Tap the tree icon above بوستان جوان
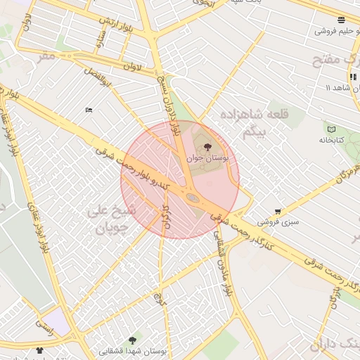pyautogui.click(x=207, y=147)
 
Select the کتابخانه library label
pyautogui.click(x=333, y=140)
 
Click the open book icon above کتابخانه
pyautogui.click(x=333, y=129)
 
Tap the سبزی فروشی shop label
pyautogui.click(x=278, y=221)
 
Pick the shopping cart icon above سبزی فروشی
pyautogui.click(x=278, y=211)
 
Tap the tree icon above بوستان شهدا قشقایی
pyautogui.click(x=132, y=340)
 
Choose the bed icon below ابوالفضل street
pyautogui.click(x=89, y=110)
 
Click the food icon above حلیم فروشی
pyautogui.click(x=341, y=20)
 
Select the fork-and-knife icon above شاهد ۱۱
pyautogui.click(x=349, y=77)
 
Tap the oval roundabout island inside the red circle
pyautogui.click(x=192, y=199)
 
